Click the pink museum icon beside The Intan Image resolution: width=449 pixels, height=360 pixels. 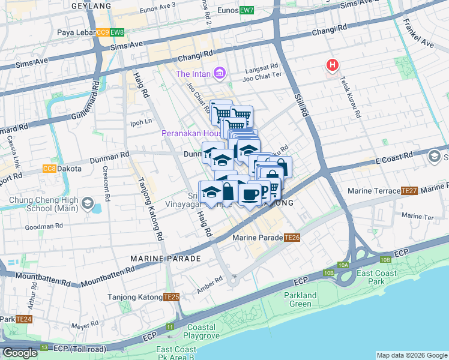pyautogui.click(x=220, y=73)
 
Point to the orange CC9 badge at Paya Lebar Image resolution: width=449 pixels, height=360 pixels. pyautogui.click(x=102, y=32)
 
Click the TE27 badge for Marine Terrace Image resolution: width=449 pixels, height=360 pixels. pyautogui.click(x=409, y=191)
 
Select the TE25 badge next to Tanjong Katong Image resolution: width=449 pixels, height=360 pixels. pyautogui.click(x=172, y=297)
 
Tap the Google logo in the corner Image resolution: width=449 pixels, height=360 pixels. pyautogui.click(x=20, y=353)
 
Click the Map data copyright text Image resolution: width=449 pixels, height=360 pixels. pyautogui.click(x=412, y=355)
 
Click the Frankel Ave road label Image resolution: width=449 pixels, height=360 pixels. pyautogui.click(x=419, y=35)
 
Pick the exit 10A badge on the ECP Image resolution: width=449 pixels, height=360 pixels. pyautogui.click(x=343, y=265)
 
